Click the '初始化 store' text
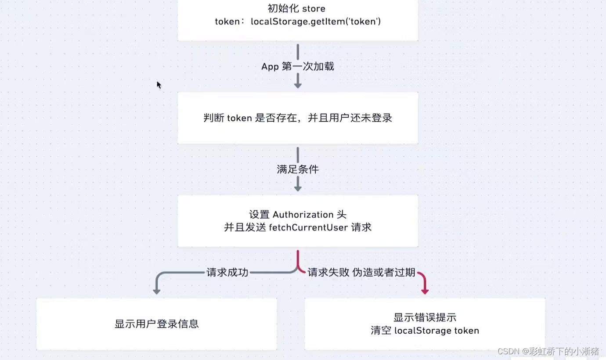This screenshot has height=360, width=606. click(x=296, y=8)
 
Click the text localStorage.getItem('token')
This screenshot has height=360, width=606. click(x=315, y=21)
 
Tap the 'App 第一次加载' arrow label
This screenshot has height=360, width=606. click(x=298, y=67)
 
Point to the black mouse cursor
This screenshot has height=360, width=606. click(x=159, y=85)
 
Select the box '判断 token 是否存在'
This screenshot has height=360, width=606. click(x=298, y=118)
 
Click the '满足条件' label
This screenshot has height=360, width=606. click(x=298, y=169)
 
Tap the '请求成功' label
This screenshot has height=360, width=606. click(x=227, y=273)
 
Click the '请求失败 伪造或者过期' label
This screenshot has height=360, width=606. click(x=361, y=273)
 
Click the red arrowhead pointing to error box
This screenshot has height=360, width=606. click(x=425, y=290)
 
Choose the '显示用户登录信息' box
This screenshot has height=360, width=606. click(x=156, y=324)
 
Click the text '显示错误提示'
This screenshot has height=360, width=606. click(x=425, y=318)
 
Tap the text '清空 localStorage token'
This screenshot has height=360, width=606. click(x=425, y=331)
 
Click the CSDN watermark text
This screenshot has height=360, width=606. click(x=548, y=351)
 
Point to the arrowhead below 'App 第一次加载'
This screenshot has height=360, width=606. click(x=298, y=84)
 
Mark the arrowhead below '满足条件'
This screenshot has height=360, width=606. click(x=298, y=187)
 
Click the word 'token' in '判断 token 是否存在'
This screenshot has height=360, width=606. click(x=239, y=118)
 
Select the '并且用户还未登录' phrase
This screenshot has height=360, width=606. click(x=350, y=118)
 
